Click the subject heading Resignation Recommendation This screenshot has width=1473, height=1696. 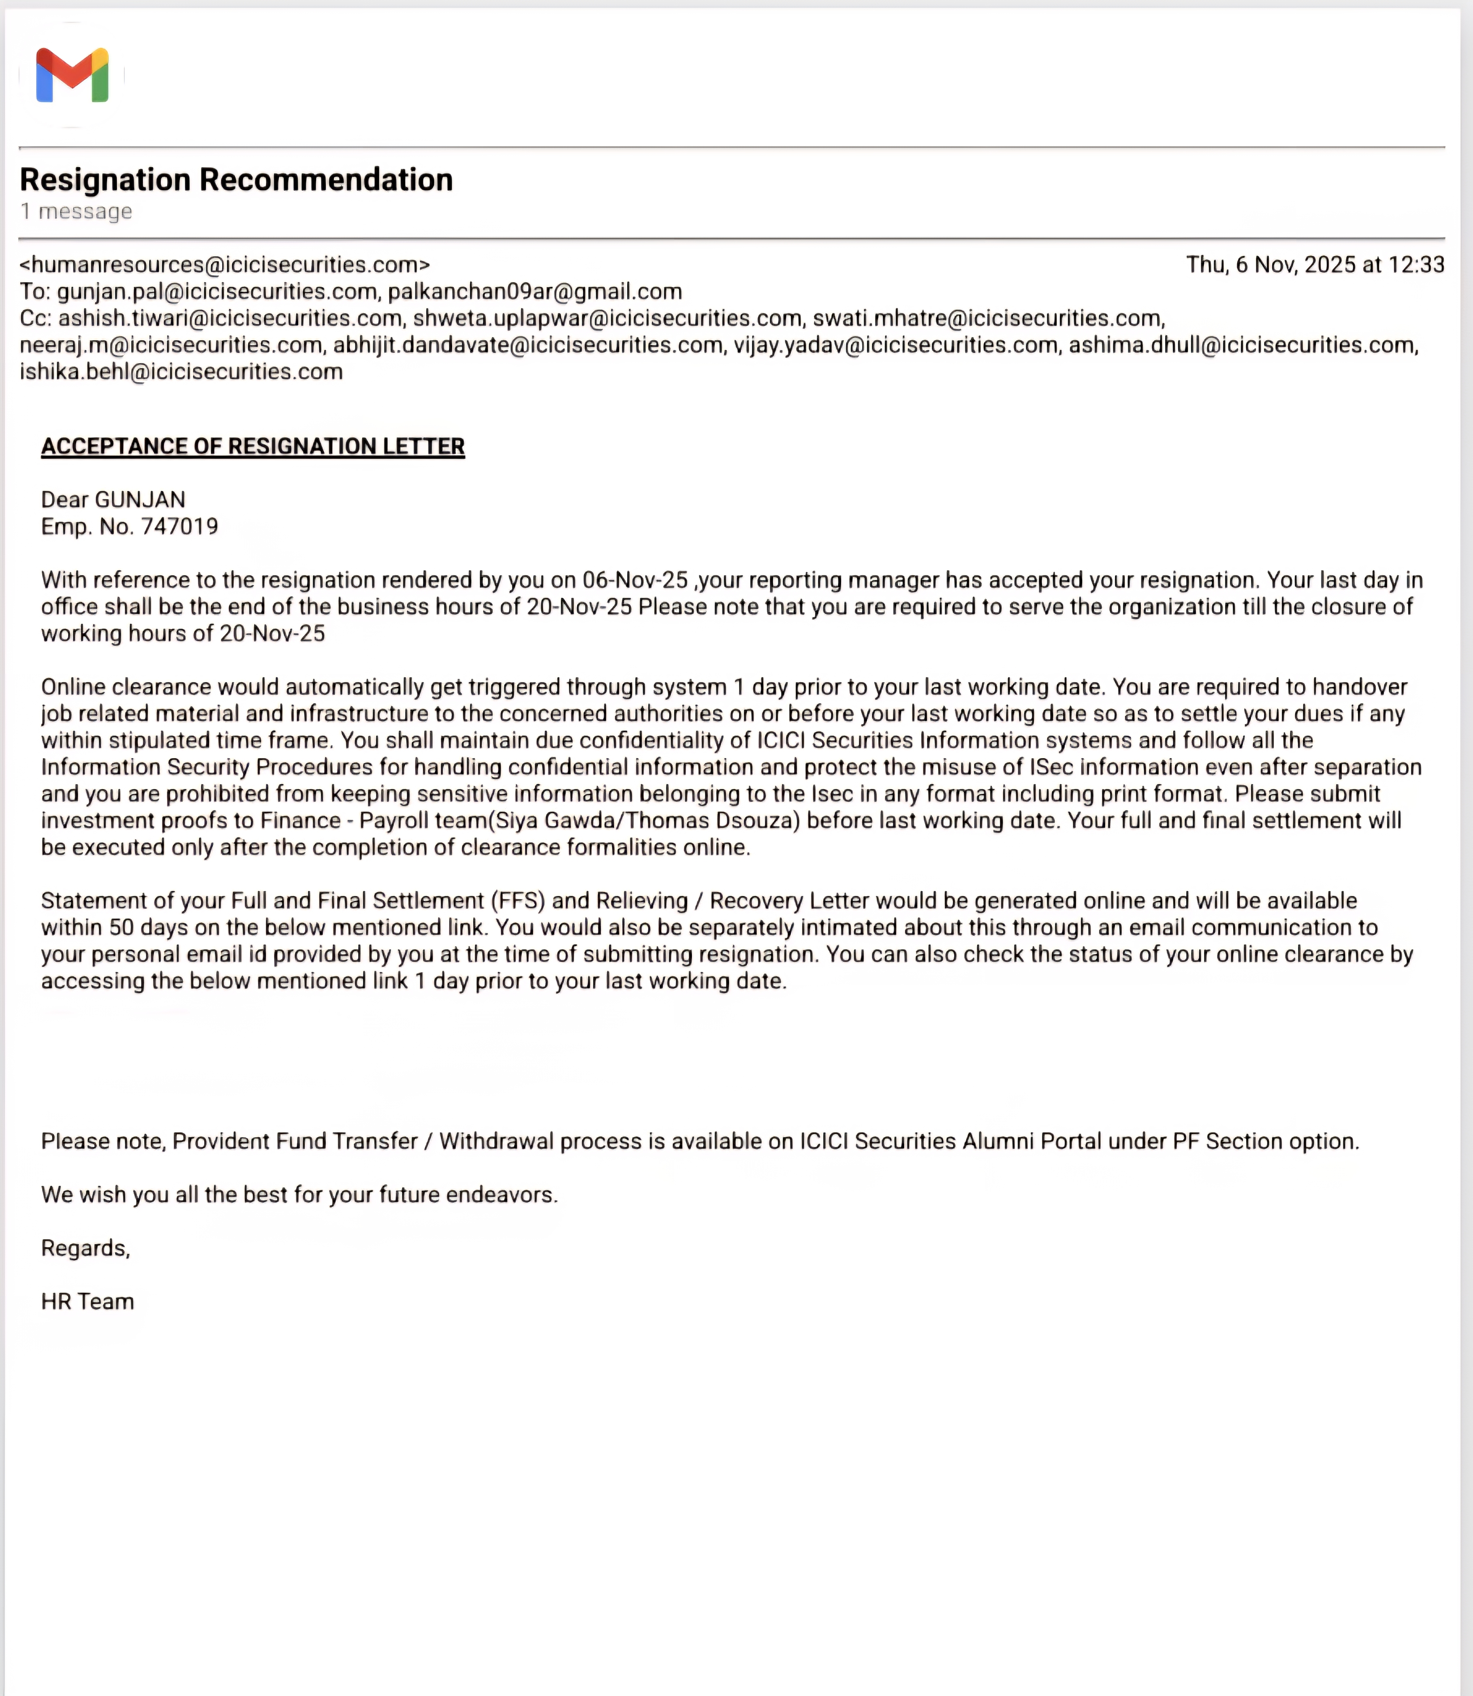(236, 179)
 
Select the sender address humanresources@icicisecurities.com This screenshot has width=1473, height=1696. (224, 264)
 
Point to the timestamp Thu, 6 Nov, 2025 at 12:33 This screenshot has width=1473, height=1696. (1314, 264)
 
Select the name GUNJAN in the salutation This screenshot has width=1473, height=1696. (140, 500)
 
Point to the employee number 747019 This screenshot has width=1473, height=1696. (180, 527)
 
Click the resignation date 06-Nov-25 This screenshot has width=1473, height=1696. (634, 580)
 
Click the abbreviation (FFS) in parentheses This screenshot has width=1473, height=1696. (518, 901)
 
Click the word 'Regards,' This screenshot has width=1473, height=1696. (85, 1248)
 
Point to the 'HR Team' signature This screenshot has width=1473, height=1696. (87, 1302)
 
